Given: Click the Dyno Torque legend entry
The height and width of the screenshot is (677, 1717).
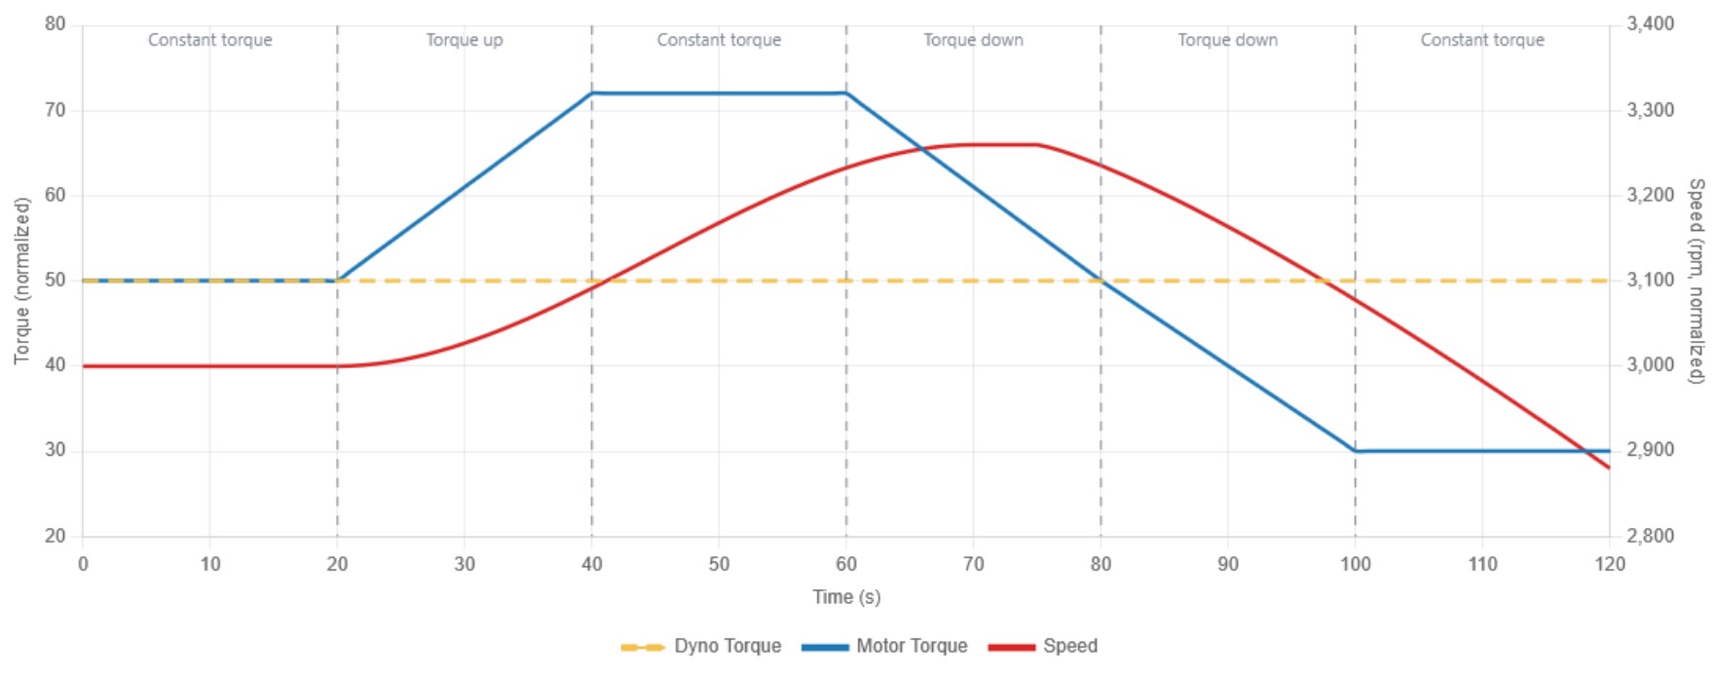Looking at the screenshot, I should pyautogui.click(x=701, y=647).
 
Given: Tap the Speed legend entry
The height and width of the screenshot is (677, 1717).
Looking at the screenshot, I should pyautogui.click(x=1043, y=647).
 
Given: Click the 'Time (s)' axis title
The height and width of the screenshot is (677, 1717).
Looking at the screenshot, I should pyautogui.click(x=846, y=597).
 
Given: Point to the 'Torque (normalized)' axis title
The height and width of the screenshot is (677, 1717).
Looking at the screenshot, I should pyautogui.click(x=22, y=281).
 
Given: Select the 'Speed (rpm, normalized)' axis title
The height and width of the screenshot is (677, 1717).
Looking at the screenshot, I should pyautogui.click(x=1696, y=281).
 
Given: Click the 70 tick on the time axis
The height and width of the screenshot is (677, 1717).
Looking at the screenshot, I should pyautogui.click(x=973, y=564).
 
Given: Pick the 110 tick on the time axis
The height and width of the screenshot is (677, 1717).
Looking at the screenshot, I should pyautogui.click(x=1482, y=564).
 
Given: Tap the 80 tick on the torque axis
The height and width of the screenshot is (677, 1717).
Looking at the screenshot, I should pyautogui.click(x=55, y=24).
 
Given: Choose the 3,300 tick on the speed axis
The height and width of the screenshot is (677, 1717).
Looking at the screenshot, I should pyautogui.click(x=1651, y=110).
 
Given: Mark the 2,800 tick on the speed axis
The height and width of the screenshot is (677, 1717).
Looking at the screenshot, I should pyautogui.click(x=1651, y=536).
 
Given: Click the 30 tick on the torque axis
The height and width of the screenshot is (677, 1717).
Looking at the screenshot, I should pyautogui.click(x=55, y=451).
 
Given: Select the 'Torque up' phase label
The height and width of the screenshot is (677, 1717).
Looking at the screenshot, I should pyautogui.click(x=465, y=40).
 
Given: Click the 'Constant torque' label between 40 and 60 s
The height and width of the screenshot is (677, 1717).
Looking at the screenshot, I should pyautogui.click(x=719, y=40).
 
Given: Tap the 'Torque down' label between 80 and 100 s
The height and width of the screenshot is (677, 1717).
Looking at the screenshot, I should pyautogui.click(x=1227, y=40).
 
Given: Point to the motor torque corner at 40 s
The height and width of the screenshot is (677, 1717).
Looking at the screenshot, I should pyautogui.click(x=592, y=94).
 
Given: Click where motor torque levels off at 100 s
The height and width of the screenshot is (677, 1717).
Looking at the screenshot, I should pyautogui.click(x=1355, y=451).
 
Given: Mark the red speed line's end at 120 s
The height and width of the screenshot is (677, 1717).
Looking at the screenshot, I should pyautogui.click(x=1609, y=468).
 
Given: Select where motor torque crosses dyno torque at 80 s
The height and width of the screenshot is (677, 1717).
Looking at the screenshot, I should pyautogui.click(x=1101, y=281).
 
